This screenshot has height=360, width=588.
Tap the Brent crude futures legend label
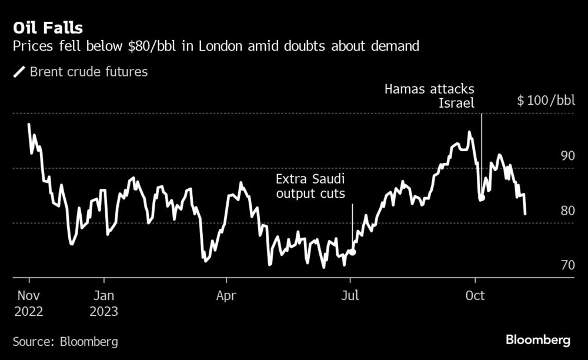pyautogui.click(x=89, y=72)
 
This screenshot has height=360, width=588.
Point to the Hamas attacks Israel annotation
pyautogui.click(x=429, y=96)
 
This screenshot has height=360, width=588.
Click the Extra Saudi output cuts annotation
pyautogui.click(x=310, y=186)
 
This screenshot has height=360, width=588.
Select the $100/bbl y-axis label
pyautogui.click(x=546, y=101)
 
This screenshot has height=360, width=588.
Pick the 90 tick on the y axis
pyautogui.click(x=567, y=156)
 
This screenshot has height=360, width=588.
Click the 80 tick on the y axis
pyautogui.click(x=567, y=211)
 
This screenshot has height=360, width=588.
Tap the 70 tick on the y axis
pyautogui.click(x=567, y=265)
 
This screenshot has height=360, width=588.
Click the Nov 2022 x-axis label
pyautogui.click(x=29, y=303)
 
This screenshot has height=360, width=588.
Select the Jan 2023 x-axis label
pyautogui.click(x=103, y=303)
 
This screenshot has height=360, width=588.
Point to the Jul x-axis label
pyautogui.click(x=350, y=295)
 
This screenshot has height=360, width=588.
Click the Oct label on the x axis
pyautogui.click(x=475, y=295)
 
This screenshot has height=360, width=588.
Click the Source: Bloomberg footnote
pyautogui.click(x=65, y=341)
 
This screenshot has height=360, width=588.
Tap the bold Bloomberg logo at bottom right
pyautogui.click(x=538, y=340)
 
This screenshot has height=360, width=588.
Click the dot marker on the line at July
pyautogui.click(x=352, y=251)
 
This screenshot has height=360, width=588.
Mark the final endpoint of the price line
pyautogui.click(x=524, y=214)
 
